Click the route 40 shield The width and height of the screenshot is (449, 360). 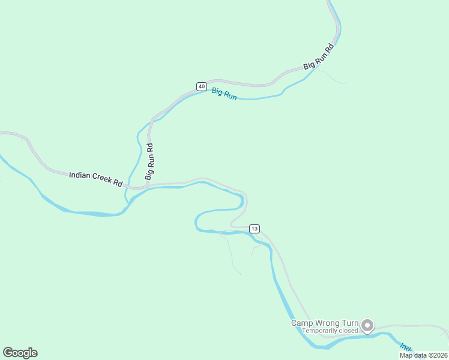coord(201,86)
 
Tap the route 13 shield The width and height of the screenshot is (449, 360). coord(255,229)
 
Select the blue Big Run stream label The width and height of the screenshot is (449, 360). coord(224,94)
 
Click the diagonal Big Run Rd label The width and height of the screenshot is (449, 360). coord(318,56)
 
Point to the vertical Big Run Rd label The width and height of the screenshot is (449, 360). coord(150,161)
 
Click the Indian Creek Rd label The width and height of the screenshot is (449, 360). coord(95,178)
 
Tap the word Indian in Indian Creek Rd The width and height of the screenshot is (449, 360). coord(79,175)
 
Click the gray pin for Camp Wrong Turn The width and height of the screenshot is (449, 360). coord(367,326)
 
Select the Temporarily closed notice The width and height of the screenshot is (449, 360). coord(330,331)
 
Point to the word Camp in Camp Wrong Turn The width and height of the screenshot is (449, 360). coord(303,323)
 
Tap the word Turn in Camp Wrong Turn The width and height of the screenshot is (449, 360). coord(351,323)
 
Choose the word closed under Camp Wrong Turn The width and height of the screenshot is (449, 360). coord(350,331)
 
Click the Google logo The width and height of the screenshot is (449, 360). coord(20,353)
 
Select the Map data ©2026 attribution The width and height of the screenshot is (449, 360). coord(423,355)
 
